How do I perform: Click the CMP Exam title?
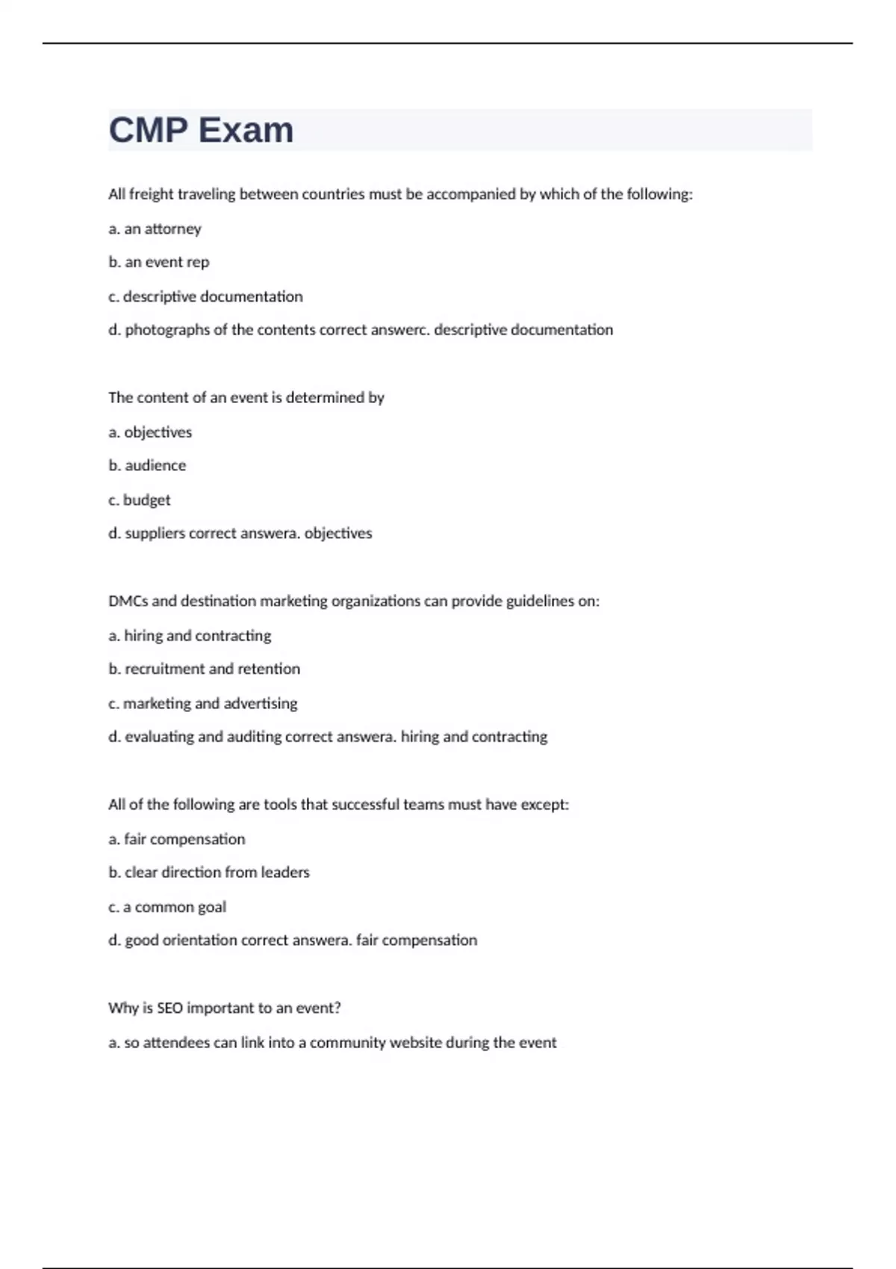click(201, 130)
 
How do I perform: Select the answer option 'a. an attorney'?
click(155, 228)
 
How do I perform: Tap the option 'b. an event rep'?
click(158, 262)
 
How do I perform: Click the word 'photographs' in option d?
click(167, 330)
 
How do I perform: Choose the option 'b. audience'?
click(147, 465)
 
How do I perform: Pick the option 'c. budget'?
click(139, 499)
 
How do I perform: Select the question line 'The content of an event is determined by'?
click(246, 397)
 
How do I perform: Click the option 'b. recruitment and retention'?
click(204, 669)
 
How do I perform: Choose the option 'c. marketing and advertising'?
click(202, 703)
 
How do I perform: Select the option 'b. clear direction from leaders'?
click(208, 872)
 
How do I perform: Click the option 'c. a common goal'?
click(167, 907)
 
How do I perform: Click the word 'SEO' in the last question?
click(169, 1008)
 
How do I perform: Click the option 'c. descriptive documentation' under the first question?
click(205, 296)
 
